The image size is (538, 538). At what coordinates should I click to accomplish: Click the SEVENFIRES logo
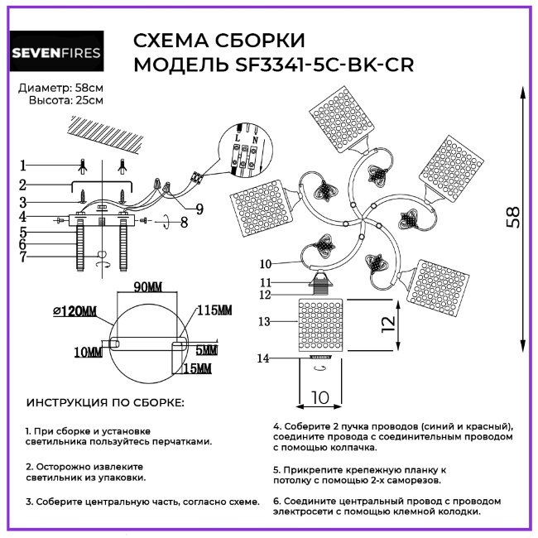(56, 54)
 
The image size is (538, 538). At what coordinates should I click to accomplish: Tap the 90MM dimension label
(150, 286)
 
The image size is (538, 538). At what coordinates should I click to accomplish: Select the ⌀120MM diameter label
(74, 311)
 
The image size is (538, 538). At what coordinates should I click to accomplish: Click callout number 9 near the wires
(199, 208)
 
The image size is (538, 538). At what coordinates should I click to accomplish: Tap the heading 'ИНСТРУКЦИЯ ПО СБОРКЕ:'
(106, 403)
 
